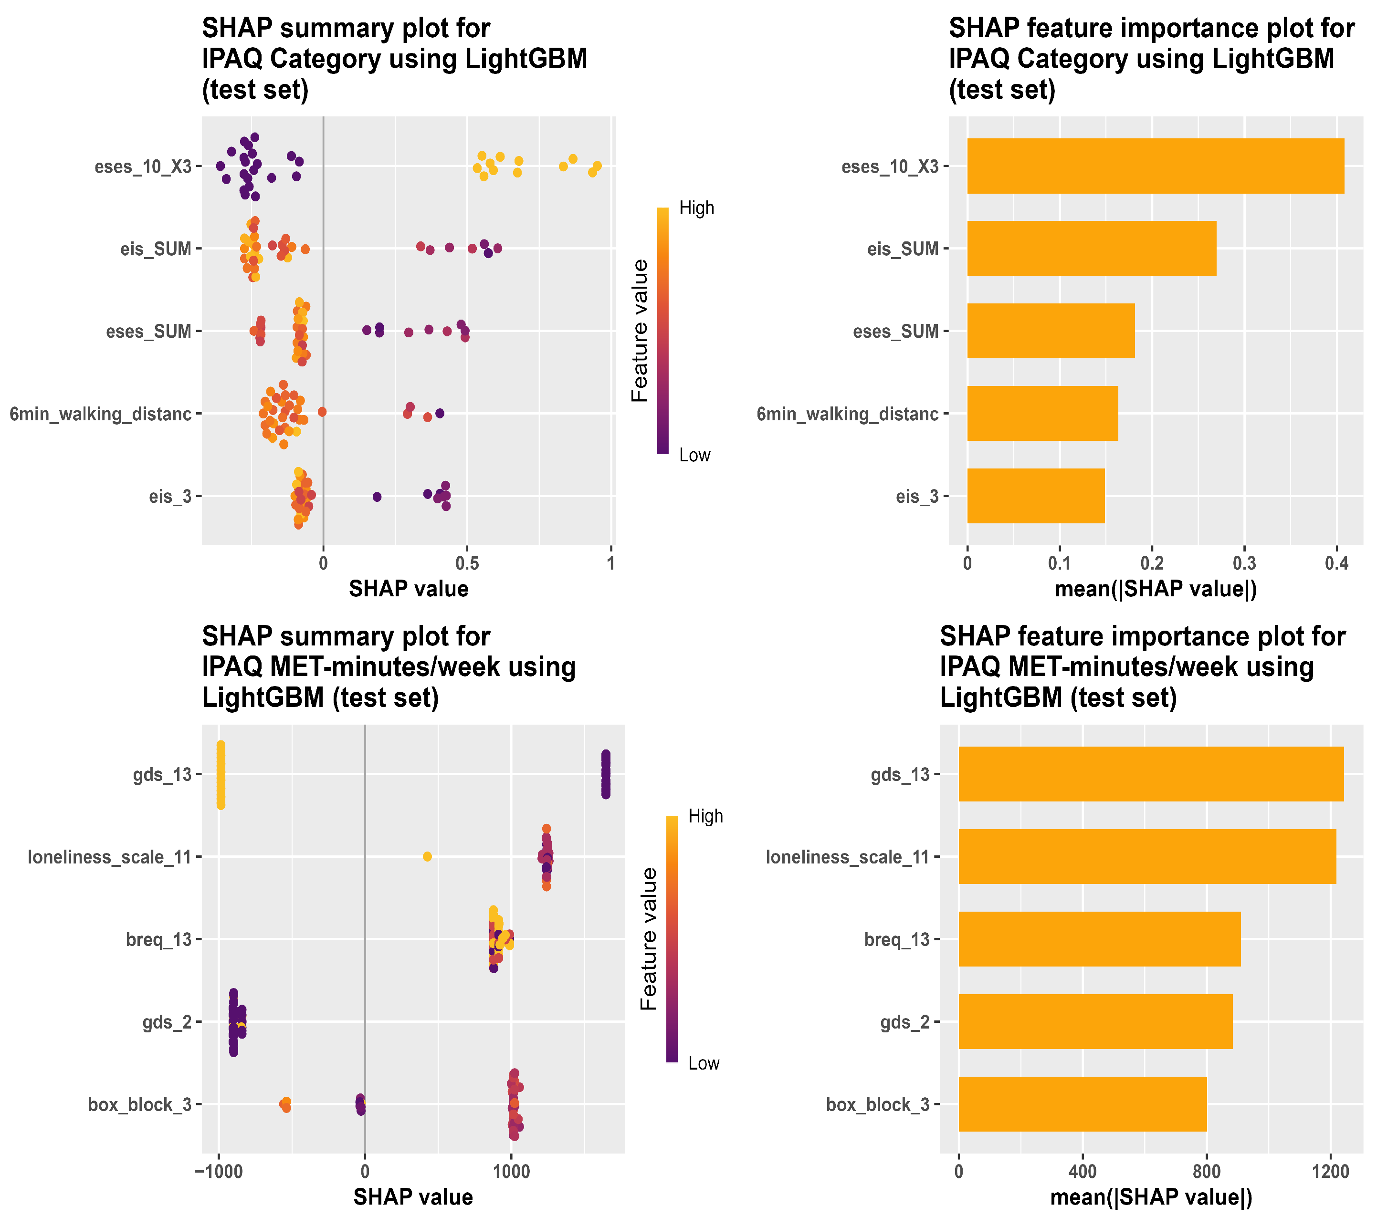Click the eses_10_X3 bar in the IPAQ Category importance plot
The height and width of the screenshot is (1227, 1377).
tap(1155, 166)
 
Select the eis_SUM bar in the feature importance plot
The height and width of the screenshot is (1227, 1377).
tap(1091, 248)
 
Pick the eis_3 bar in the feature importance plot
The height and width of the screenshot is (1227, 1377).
tap(1035, 496)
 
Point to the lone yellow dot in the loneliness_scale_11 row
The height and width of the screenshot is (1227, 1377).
tap(427, 856)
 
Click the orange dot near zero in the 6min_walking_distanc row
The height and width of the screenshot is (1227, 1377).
tap(322, 412)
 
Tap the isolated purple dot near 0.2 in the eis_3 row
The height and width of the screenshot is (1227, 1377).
tap(377, 497)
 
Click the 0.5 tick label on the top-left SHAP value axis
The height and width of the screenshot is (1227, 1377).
tap(467, 563)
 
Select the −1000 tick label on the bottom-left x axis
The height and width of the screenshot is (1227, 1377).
tap(219, 1171)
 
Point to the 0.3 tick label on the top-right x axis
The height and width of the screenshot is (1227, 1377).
tap(1244, 563)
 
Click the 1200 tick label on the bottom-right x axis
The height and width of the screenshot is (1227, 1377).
tap(1331, 1171)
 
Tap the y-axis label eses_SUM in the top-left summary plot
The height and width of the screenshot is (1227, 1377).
tap(148, 331)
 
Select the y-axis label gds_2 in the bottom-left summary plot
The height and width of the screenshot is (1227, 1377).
tap(167, 1022)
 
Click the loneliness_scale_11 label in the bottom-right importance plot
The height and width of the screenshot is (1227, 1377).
tap(848, 857)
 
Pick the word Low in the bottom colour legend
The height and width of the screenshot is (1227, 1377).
tap(704, 1063)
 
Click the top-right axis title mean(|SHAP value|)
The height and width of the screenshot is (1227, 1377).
tap(1155, 589)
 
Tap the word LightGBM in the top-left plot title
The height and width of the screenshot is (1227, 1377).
tap(526, 59)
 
